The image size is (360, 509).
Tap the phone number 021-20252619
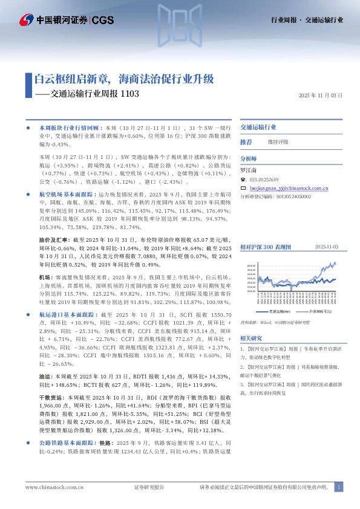coord(263,180)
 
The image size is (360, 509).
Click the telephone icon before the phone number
coord(243,180)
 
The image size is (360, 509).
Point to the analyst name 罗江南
coord(249,171)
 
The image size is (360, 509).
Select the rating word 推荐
coord(246,141)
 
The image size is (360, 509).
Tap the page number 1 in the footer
coord(340,487)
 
